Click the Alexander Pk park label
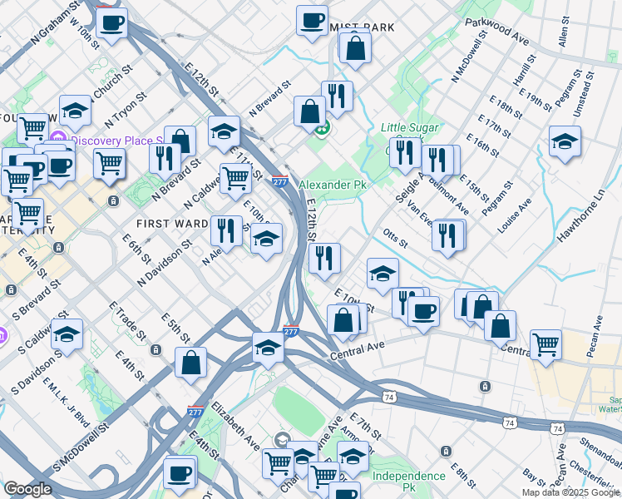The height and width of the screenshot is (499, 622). pos(333,184)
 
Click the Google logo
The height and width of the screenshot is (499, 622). pos(27,489)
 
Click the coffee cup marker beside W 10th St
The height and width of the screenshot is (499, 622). pos(111,22)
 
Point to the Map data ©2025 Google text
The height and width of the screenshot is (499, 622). pos(570,492)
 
